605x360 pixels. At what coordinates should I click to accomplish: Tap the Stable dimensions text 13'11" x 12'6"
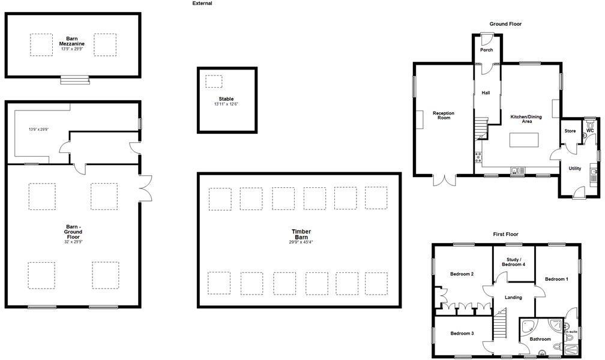(x=226, y=104)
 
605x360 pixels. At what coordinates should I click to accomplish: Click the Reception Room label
(x=444, y=115)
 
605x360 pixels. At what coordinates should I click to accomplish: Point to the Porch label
(x=486, y=50)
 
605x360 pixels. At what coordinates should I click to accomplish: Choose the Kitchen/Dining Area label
(x=526, y=119)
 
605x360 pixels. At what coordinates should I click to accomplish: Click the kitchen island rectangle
(x=523, y=140)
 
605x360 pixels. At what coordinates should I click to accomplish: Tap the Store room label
(x=570, y=131)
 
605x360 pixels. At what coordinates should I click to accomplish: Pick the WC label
(x=589, y=130)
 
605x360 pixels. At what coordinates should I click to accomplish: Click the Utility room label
(x=574, y=169)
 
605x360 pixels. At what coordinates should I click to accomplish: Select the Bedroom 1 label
(x=556, y=279)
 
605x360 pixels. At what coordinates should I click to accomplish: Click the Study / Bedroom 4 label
(x=513, y=262)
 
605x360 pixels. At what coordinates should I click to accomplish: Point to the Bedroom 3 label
(x=462, y=334)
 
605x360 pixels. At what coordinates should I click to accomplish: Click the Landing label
(x=513, y=298)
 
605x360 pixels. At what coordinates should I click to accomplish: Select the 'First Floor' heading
(x=505, y=234)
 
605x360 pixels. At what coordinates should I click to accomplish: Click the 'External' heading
(x=202, y=4)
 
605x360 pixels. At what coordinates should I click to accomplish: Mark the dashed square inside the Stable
(x=214, y=82)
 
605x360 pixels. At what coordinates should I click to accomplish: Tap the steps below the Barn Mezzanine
(x=74, y=80)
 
